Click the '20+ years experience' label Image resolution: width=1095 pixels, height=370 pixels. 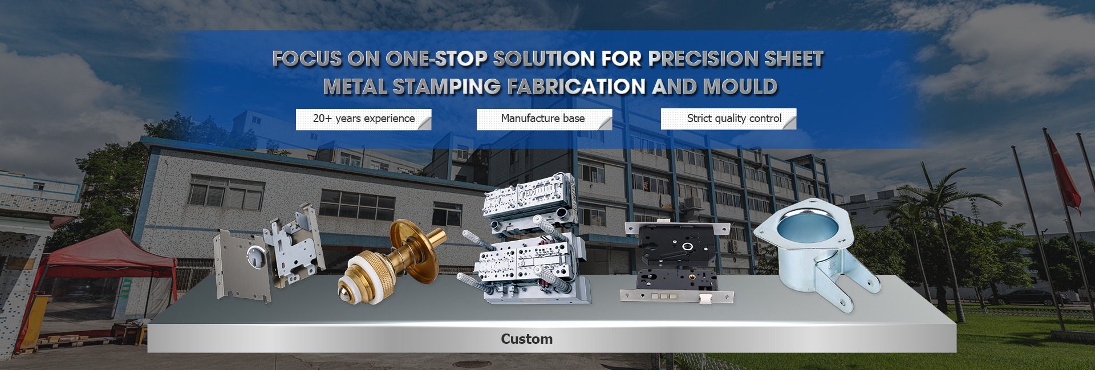(x=364, y=119)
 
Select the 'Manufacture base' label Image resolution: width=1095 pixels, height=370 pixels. (x=543, y=118)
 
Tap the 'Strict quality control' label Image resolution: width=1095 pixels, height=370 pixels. (x=734, y=118)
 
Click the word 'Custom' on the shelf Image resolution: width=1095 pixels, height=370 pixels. (x=526, y=339)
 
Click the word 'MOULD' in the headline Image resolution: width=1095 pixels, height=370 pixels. (x=740, y=87)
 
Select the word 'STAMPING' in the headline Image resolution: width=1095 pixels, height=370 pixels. (x=447, y=87)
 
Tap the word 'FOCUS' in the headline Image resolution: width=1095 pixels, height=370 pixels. (x=307, y=58)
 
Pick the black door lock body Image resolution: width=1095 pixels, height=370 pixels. (x=676, y=262)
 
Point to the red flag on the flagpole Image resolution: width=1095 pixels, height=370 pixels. (x=1064, y=171)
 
